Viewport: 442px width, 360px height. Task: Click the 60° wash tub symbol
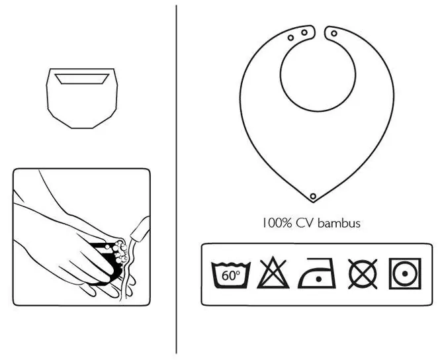(x=231, y=275)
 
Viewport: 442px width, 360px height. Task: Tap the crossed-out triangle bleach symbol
(x=273, y=273)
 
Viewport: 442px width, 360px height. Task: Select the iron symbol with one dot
(x=317, y=273)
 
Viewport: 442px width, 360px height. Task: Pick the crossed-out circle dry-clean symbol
(x=363, y=274)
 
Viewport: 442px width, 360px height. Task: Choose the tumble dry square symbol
(x=405, y=273)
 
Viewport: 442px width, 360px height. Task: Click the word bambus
(x=339, y=223)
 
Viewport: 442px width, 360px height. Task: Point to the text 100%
(x=277, y=223)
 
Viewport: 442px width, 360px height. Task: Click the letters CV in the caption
(x=305, y=223)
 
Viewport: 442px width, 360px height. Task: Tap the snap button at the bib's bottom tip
(x=313, y=196)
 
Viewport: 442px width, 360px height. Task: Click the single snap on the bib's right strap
(x=334, y=33)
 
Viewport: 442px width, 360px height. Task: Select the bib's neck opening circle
(x=318, y=75)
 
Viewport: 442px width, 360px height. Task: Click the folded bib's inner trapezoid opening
(x=82, y=79)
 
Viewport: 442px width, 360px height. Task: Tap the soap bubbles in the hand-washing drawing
(x=120, y=251)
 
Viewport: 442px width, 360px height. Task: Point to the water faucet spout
(x=140, y=230)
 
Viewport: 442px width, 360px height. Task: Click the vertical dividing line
(x=177, y=179)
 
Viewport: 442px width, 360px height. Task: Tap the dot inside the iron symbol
(x=319, y=279)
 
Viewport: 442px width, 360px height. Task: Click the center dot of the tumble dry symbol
(x=405, y=274)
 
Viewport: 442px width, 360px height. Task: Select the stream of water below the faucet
(x=128, y=270)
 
